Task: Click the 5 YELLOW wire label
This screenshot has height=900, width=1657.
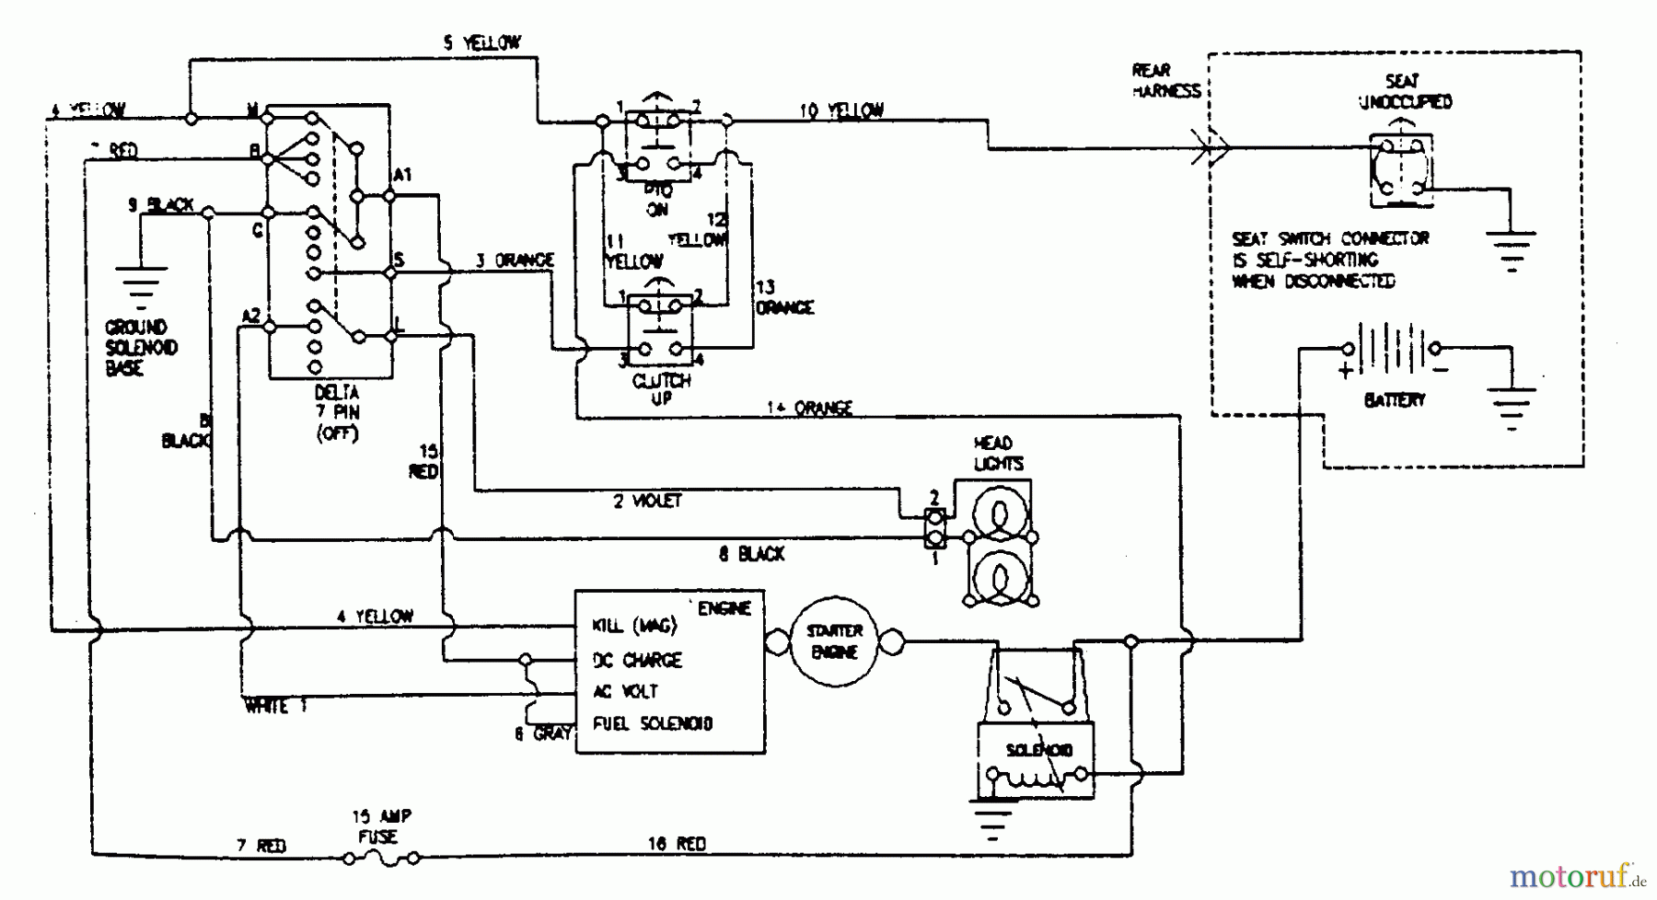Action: tap(481, 42)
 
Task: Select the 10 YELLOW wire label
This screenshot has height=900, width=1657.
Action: tap(841, 110)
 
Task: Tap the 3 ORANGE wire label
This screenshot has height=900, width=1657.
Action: tap(515, 260)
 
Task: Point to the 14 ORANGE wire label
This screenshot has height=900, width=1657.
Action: tap(810, 408)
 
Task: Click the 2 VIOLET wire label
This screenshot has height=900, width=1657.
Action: tap(647, 501)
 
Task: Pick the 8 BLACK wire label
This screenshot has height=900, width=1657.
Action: tap(751, 554)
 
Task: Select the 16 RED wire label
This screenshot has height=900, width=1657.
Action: tap(677, 844)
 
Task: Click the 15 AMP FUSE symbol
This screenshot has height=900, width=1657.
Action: tap(381, 858)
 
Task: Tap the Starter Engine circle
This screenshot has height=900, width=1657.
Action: tap(835, 641)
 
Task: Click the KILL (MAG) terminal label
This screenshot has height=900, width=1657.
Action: tap(634, 626)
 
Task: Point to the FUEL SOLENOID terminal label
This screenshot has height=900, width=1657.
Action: tap(653, 723)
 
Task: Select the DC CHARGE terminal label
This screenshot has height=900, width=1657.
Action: tap(637, 660)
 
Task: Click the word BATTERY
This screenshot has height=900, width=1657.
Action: tap(1394, 400)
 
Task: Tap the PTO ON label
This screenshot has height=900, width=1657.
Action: tap(657, 200)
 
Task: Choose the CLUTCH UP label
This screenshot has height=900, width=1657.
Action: tap(661, 389)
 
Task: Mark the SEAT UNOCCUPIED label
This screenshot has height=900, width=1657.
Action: tap(1405, 91)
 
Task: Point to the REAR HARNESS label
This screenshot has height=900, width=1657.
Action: tap(1165, 80)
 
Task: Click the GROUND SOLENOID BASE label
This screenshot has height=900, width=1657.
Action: tap(140, 348)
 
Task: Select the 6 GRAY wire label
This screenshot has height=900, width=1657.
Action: tap(543, 733)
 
